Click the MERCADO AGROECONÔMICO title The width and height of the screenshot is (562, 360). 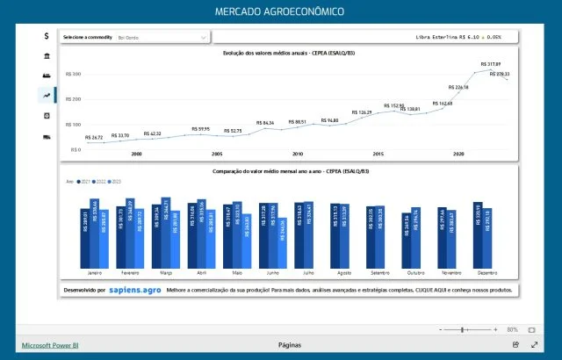click(280, 11)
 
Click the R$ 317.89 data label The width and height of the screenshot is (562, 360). click(491, 64)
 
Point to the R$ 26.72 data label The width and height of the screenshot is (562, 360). click(95, 138)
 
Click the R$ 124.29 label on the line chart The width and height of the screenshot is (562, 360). click(361, 112)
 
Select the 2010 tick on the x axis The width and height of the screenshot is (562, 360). click(298, 154)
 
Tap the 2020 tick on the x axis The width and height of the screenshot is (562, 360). click(458, 154)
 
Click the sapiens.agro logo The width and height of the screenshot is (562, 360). click(134, 289)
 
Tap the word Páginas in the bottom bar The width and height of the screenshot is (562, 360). click(289, 345)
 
